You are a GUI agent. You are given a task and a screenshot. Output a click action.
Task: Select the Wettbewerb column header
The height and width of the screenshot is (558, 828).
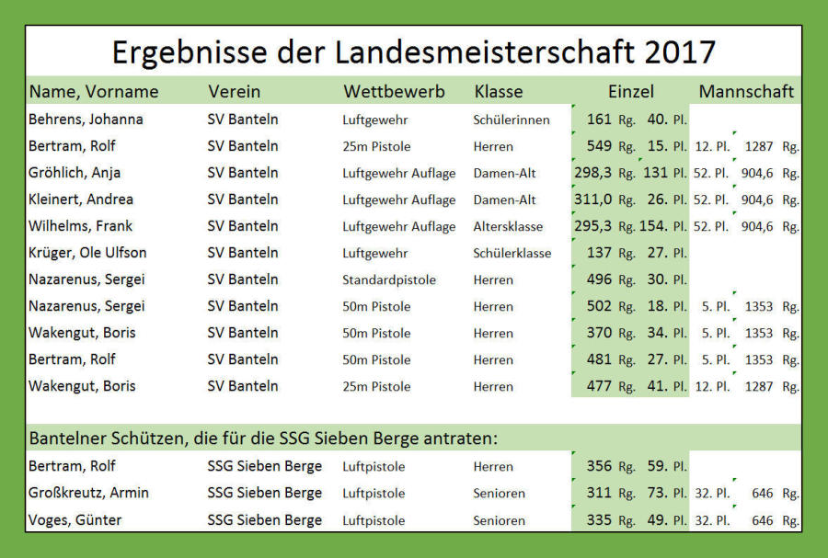(x=394, y=92)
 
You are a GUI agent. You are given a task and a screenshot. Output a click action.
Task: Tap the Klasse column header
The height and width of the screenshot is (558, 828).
(x=499, y=92)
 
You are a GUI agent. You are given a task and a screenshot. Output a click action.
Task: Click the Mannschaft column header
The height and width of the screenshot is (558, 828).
(x=746, y=92)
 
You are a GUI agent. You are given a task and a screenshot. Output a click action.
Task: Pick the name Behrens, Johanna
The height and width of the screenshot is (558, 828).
(x=86, y=120)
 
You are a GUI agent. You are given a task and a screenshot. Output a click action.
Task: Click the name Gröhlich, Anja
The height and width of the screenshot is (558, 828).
(x=75, y=173)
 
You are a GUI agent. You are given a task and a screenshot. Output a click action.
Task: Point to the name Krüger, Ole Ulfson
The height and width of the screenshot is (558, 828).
(x=87, y=253)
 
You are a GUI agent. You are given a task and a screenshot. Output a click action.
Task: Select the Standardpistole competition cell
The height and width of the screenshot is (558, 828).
(x=389, y=279)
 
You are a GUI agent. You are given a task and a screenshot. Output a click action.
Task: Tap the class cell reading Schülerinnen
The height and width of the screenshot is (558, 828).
(x=512, y=120)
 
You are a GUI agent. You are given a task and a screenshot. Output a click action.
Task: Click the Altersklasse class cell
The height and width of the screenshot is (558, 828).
(x=508, y=226)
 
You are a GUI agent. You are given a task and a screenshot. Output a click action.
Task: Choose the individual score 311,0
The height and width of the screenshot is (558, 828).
(x=592, y=199)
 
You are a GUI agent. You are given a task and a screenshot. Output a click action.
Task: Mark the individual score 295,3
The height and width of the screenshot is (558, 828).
(x=592, y=226)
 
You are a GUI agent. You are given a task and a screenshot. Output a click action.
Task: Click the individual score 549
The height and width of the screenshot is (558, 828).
(x=599, y=146)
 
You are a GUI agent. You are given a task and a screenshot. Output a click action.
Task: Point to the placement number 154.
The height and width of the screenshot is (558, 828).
(x=655, y=226)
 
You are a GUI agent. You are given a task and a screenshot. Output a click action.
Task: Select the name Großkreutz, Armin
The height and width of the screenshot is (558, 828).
(x=88, y=494)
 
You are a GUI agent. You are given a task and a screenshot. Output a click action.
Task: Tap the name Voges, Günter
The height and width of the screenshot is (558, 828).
(x=75, y=520)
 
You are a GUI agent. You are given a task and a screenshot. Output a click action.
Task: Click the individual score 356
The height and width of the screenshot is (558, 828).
(x=599, y=467)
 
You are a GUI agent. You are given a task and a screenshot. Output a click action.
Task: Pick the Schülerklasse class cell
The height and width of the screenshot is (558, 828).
(x=512, y=253)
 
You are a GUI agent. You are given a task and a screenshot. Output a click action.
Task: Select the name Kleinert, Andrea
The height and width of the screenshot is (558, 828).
(x=81, y=199)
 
